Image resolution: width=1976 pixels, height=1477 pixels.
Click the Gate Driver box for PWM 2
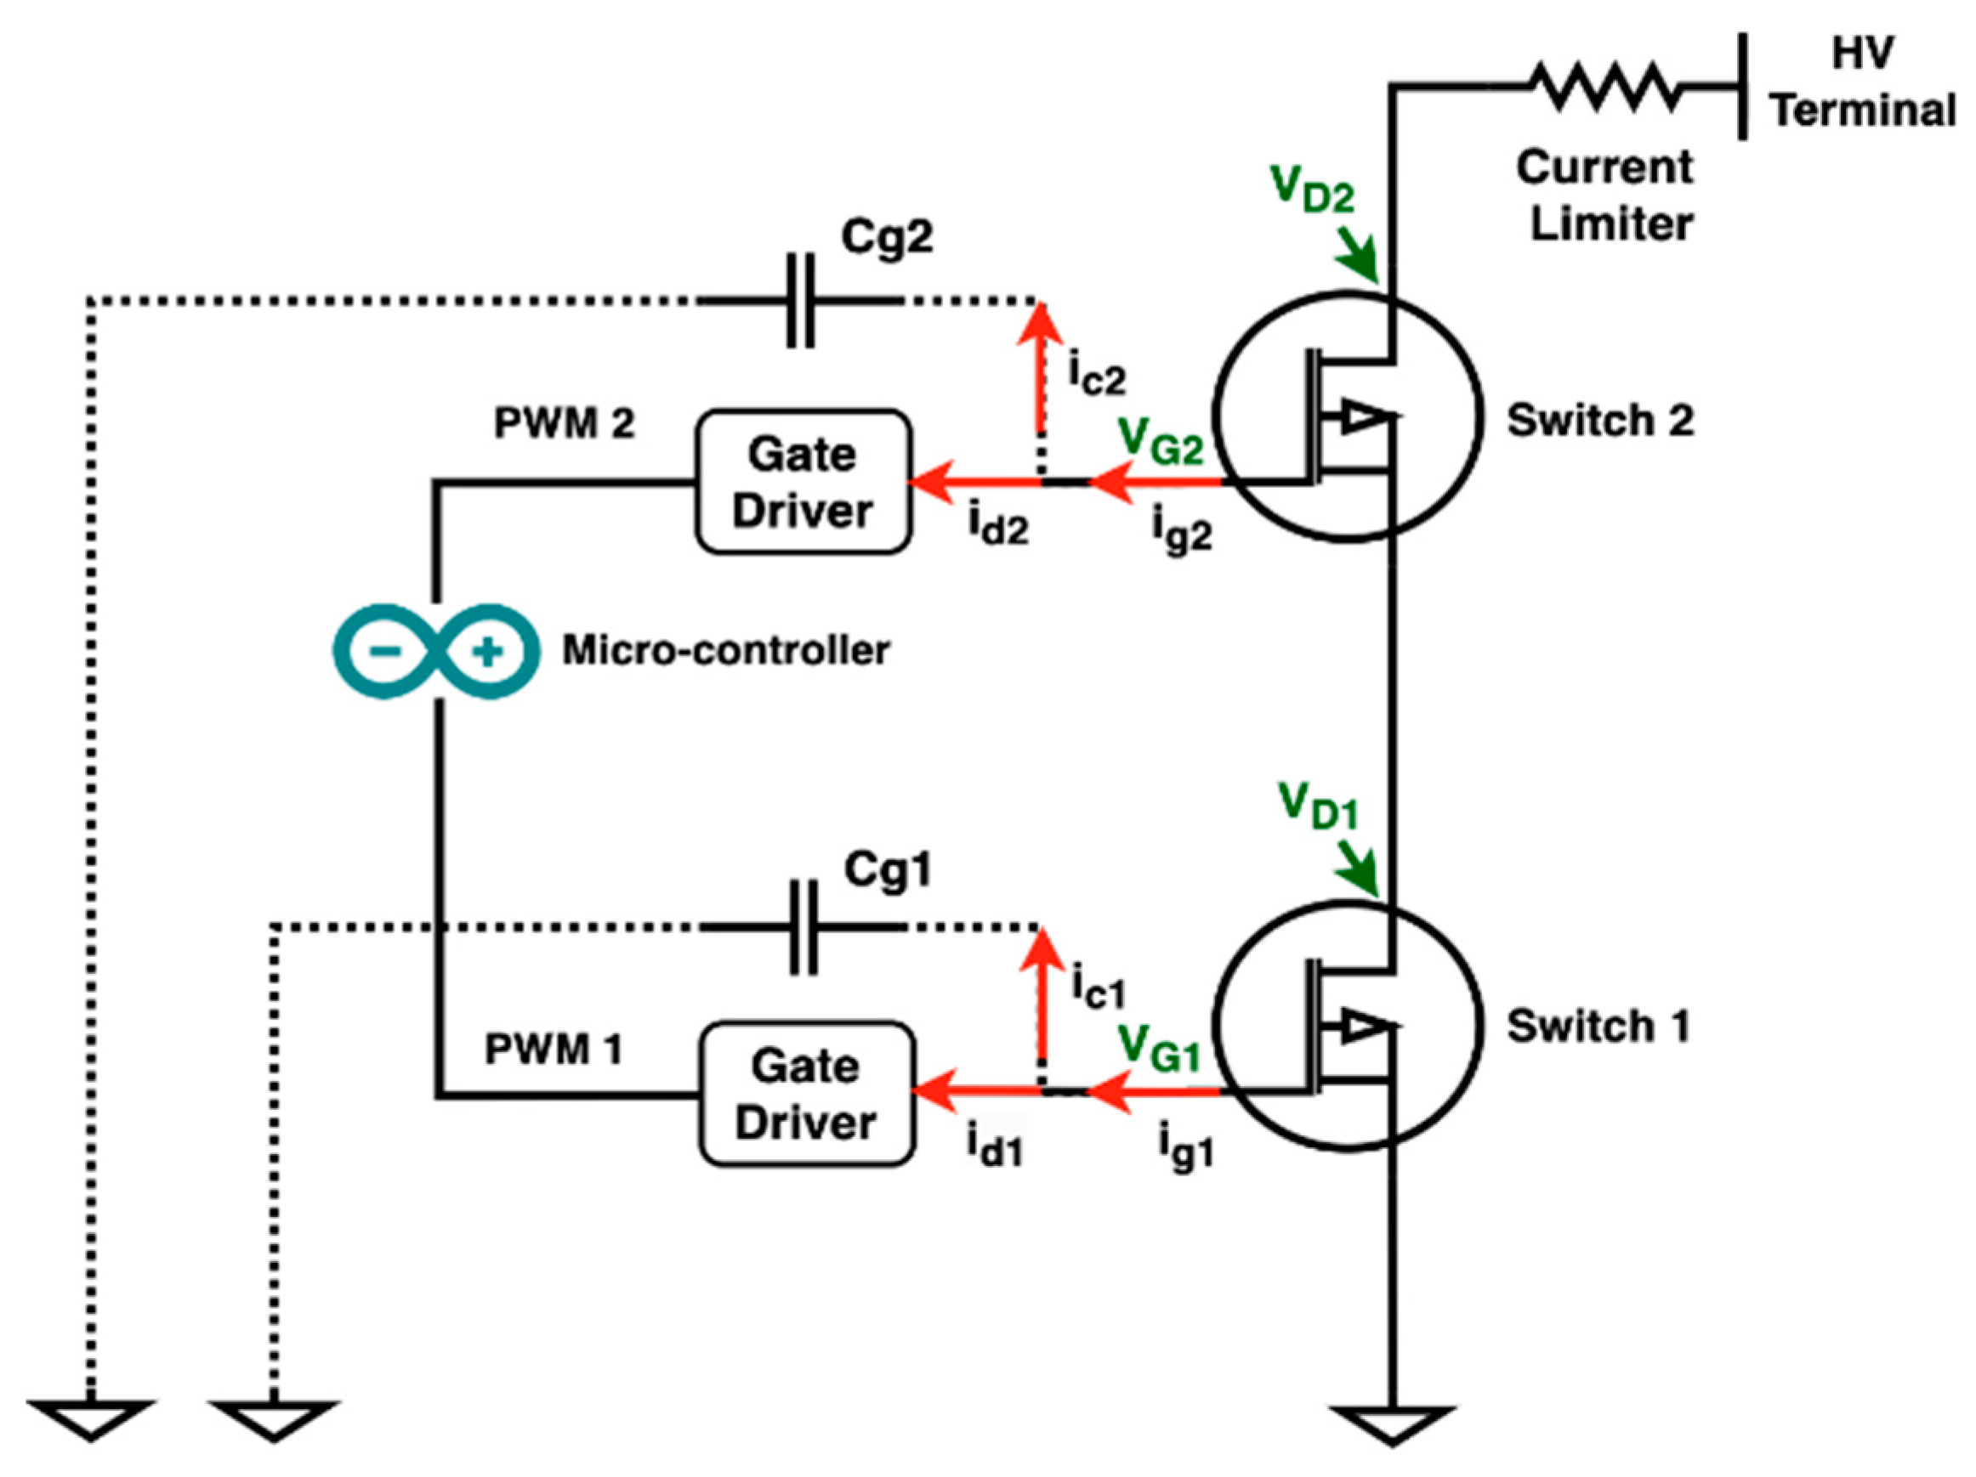click(803, 482)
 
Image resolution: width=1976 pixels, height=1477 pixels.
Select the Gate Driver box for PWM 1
click(807, 1093)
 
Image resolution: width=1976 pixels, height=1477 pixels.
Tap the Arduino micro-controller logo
click(436, 651)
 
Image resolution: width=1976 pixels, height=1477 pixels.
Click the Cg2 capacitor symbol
click(800, 301)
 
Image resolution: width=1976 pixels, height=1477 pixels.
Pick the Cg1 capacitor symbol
click(803, 927)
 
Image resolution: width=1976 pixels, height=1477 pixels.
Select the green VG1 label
click(1159, 1047)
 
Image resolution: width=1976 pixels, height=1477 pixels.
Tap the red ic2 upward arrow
click(1040, 366)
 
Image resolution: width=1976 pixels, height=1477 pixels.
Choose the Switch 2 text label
click(1600, 421)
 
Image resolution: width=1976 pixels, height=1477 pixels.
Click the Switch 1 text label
click(1598, 1026)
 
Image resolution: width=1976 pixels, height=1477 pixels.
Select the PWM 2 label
click(564, 423)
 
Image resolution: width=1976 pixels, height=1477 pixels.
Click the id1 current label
click(994, 1145)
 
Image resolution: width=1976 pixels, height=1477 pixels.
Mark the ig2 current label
click(1181, 531)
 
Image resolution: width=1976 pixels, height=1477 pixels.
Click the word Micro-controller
click(725, 650)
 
